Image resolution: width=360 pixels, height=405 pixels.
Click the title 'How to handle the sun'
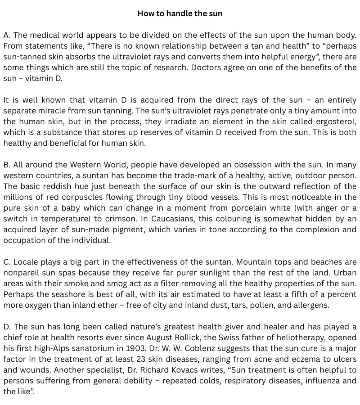[x=180, y=13]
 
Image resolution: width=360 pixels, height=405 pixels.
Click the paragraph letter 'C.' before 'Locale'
[x=7, y=262]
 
